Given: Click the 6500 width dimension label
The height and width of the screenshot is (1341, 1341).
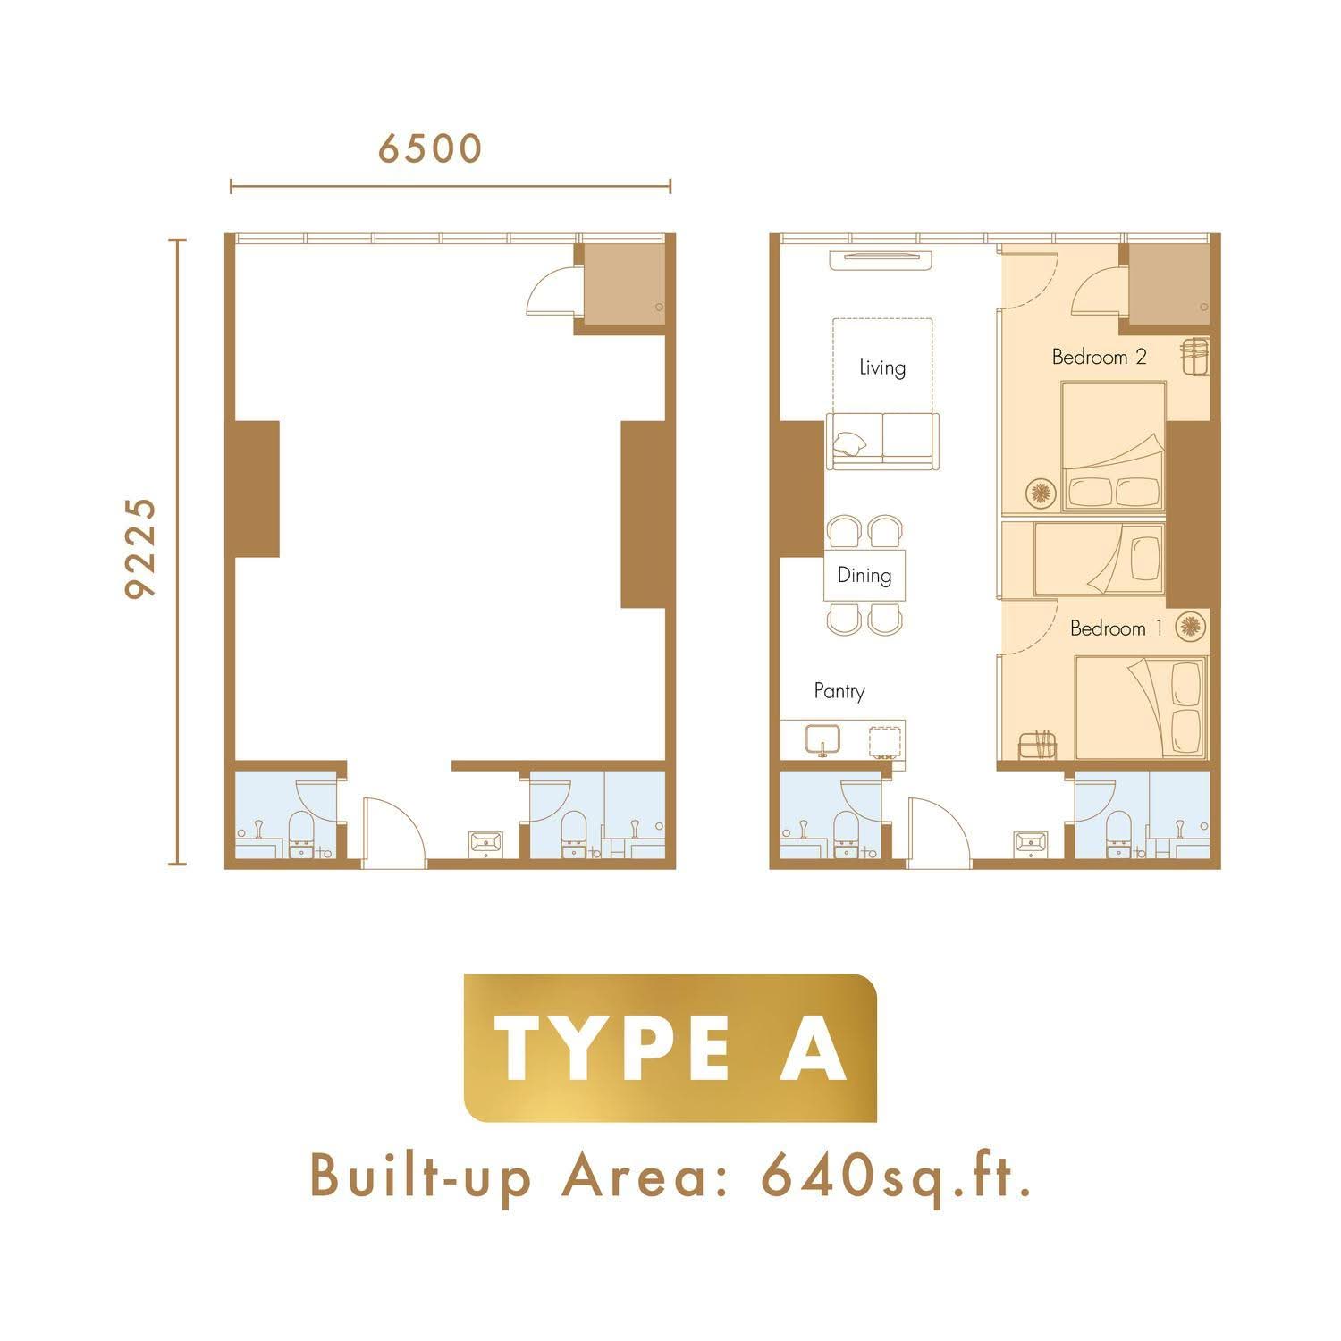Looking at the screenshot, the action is tap(429, 148).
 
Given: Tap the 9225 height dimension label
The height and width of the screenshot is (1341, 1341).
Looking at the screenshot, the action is tap(140, 548).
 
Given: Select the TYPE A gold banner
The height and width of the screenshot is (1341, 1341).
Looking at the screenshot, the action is tap(670, 1048).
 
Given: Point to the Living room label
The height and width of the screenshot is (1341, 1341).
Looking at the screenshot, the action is tap(882, 367).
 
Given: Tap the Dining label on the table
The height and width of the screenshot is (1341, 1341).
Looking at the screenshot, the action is tap(864, 575).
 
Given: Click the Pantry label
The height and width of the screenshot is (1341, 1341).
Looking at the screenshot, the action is tap(839, 691).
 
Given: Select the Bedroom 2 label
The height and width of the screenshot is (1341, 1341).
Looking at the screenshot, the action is tap(1099, 357).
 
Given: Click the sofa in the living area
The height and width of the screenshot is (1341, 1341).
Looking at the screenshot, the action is tap(883, 441).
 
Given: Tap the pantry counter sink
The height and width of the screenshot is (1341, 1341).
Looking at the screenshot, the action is tap(822, 740).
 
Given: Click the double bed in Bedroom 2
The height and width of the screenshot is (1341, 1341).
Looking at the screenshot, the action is tap(1114, 446).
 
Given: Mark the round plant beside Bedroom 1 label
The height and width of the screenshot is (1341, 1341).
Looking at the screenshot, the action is tap(1189, 627).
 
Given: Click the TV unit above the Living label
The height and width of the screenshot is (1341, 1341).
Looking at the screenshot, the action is tap(881, 260).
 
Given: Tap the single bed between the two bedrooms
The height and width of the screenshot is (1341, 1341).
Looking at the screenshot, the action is tap(1101, 559).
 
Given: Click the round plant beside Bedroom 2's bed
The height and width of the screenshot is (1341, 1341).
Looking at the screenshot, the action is tap(1041, 493).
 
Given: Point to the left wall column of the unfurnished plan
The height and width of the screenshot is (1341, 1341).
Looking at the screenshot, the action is tap(257, 489).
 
